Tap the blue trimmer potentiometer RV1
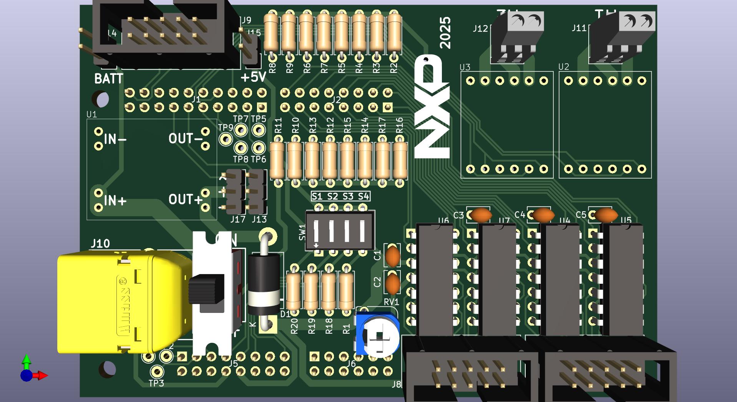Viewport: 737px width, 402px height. click(377, 334)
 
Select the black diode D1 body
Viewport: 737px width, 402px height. click(264, 284)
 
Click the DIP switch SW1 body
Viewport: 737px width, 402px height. click(340, 231)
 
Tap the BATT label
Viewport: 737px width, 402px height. click(109, 79)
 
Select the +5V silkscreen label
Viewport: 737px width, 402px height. click(253, 77)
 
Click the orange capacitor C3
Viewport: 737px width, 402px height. click(480, 215)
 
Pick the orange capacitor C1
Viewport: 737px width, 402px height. click(393, 256)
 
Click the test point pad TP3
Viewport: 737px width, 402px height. click(156, 371)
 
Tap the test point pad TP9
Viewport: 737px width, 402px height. click(226, 139)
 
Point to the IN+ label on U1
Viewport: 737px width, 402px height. click(115, 200)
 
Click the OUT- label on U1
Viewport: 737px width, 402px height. click(186, 139)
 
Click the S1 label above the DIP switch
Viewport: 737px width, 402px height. click(317, 197)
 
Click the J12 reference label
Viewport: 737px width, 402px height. click(480, 28)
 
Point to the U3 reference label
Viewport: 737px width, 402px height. click(465, 67)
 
